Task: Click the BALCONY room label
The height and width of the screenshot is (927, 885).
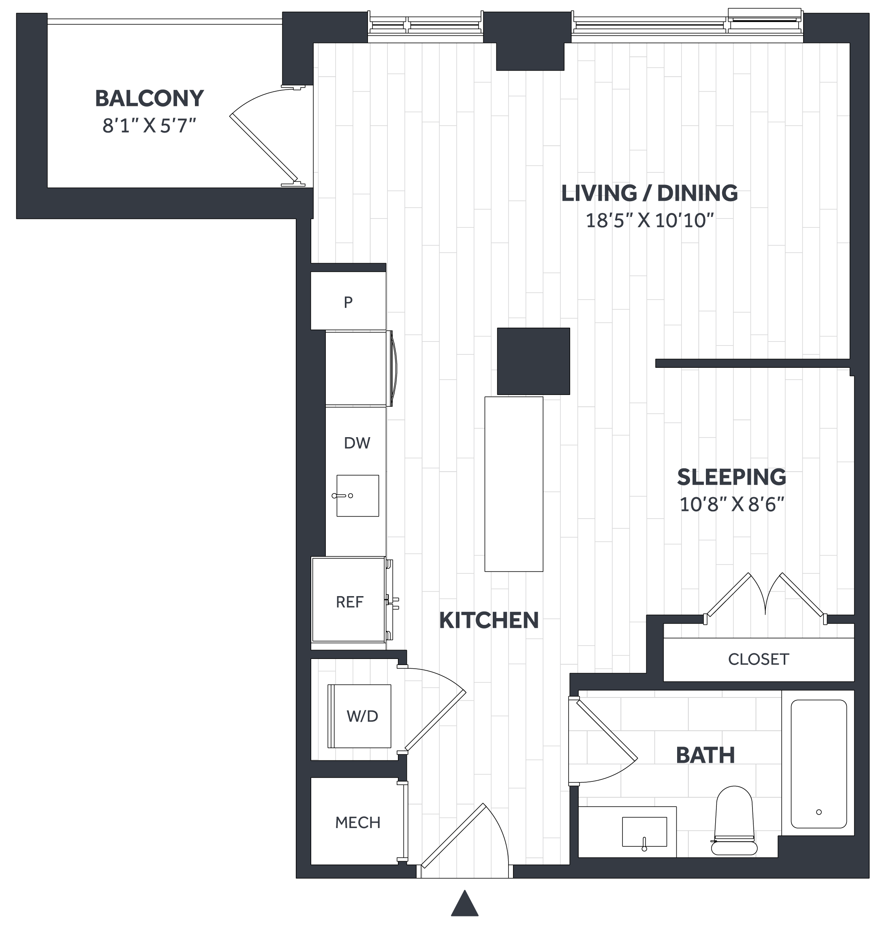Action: point(150,99)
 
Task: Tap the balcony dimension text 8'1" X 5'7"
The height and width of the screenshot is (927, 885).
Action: point(149,126)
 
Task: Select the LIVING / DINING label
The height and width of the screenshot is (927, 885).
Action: point(650,193)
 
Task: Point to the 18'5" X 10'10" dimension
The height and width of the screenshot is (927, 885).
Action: point(650,221)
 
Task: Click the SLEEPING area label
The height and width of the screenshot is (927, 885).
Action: point(732,477)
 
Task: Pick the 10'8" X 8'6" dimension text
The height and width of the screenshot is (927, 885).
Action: point(732,504)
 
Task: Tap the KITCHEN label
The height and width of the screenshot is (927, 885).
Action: point(489,620)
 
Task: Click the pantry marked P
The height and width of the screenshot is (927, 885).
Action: point(348,302)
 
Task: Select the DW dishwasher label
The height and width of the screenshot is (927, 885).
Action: point(357,443)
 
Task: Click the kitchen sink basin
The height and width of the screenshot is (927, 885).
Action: point(357,496)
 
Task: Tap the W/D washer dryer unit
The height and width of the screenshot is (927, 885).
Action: point(359,716)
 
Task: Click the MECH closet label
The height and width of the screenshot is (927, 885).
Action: point(357,823)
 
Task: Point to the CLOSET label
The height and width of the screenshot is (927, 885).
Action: point(759,659)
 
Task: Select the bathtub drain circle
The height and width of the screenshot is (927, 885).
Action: point(819,812)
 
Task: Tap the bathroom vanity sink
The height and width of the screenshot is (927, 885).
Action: point(644,832)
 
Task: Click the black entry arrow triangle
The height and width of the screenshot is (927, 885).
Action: point(465,903)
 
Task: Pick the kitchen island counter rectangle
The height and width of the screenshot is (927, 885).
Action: point(514,484)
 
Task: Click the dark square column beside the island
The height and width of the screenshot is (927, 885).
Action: point(534,361)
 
